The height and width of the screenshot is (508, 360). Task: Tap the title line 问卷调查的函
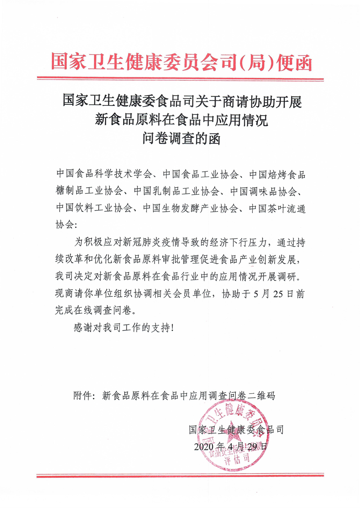181,138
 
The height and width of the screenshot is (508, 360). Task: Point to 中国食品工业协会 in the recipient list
201,174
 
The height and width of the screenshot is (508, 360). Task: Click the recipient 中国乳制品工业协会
176,191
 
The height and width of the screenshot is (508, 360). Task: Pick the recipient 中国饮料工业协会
94,208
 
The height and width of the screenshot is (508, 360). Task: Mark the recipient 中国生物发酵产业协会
190,208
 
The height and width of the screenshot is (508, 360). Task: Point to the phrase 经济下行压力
238,242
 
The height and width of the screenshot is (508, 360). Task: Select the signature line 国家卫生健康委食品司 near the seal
236,430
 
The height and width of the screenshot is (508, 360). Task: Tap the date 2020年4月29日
230,446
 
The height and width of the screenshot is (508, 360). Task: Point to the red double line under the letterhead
180,79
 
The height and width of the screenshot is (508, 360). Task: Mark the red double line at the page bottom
180,476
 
